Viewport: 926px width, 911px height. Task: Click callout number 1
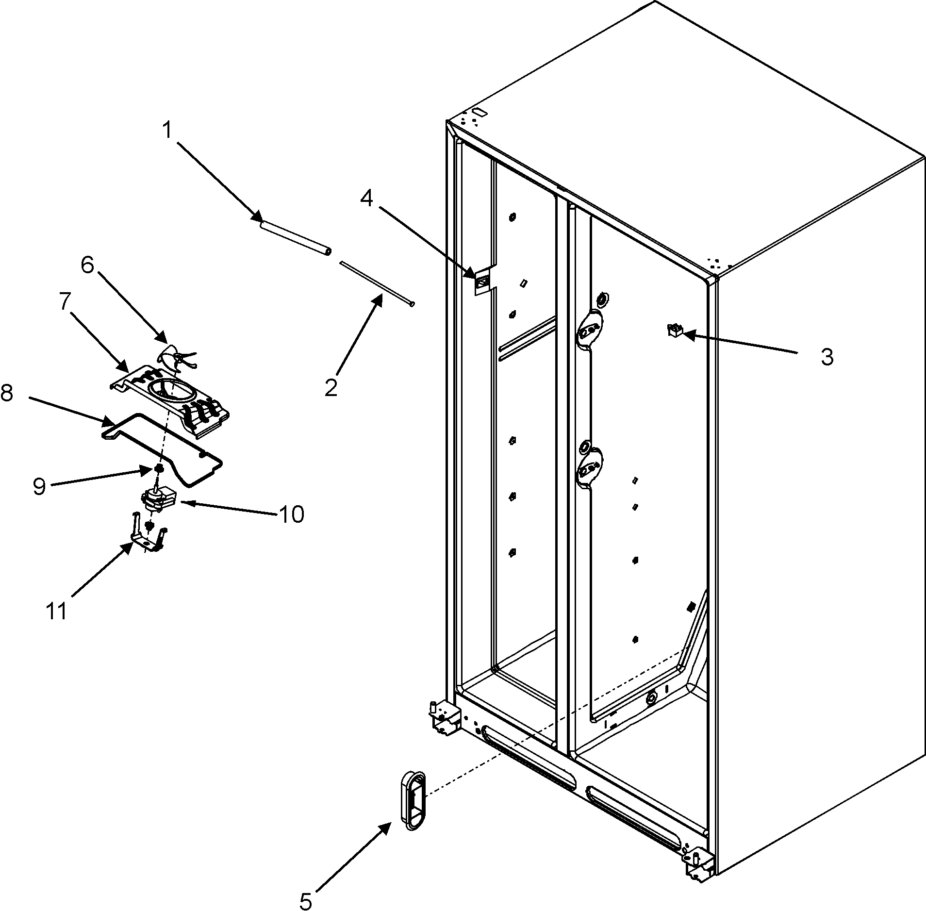click(x=167, y=117)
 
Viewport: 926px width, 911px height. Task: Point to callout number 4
click(x=367, y=198)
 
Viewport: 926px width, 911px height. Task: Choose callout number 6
click(x=87, y=265)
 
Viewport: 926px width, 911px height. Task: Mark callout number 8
click(x=7, y=393)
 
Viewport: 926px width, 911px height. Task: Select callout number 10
click(x=291, y=514)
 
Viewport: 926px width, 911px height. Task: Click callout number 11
click(x=57, y=610)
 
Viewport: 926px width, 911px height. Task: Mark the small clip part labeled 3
click(x=675, y=331)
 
